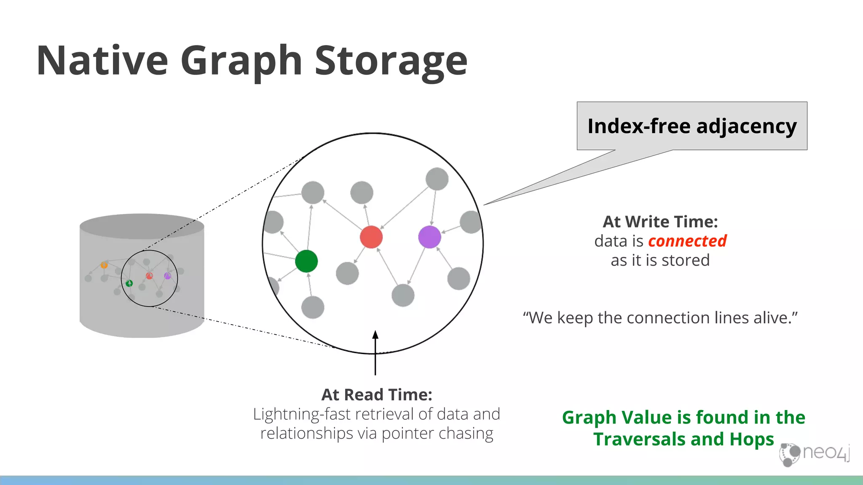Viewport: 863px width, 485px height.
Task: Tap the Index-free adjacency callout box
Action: click(692, 126)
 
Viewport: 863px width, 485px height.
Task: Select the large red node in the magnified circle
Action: click(371, 237)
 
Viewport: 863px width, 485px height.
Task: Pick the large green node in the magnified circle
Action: click(306, 261)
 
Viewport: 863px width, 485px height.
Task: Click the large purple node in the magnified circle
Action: click(429, 237)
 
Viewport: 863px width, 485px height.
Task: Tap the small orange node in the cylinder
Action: click(104, 265)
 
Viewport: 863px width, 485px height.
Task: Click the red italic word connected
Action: click(687, 241)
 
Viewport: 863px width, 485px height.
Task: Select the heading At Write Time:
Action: click(660, 222)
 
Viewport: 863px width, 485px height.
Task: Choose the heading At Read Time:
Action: click(377, 395)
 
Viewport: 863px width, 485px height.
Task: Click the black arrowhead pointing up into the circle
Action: click(375, 335)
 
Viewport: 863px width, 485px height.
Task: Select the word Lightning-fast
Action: click(302, 414)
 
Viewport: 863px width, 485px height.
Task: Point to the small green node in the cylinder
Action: click(129, 283)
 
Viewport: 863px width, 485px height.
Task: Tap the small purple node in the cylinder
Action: click(168, 276)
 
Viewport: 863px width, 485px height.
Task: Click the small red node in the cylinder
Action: click(149, 276)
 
